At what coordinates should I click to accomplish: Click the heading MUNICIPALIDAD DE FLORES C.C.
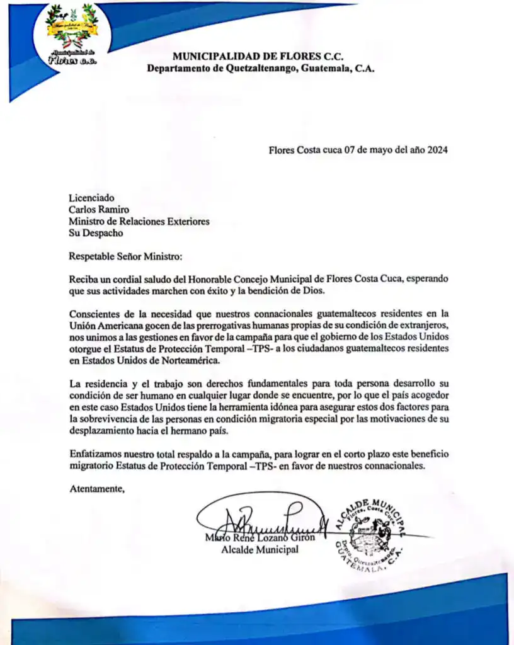(260, 57)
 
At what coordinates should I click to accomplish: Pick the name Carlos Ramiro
(99, 210)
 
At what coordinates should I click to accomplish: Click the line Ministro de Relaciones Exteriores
(139, 221)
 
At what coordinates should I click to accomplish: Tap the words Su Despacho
(96, 233)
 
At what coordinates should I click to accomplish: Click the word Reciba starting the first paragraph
(83, 279)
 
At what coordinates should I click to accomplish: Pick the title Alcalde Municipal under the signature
(260, 550)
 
